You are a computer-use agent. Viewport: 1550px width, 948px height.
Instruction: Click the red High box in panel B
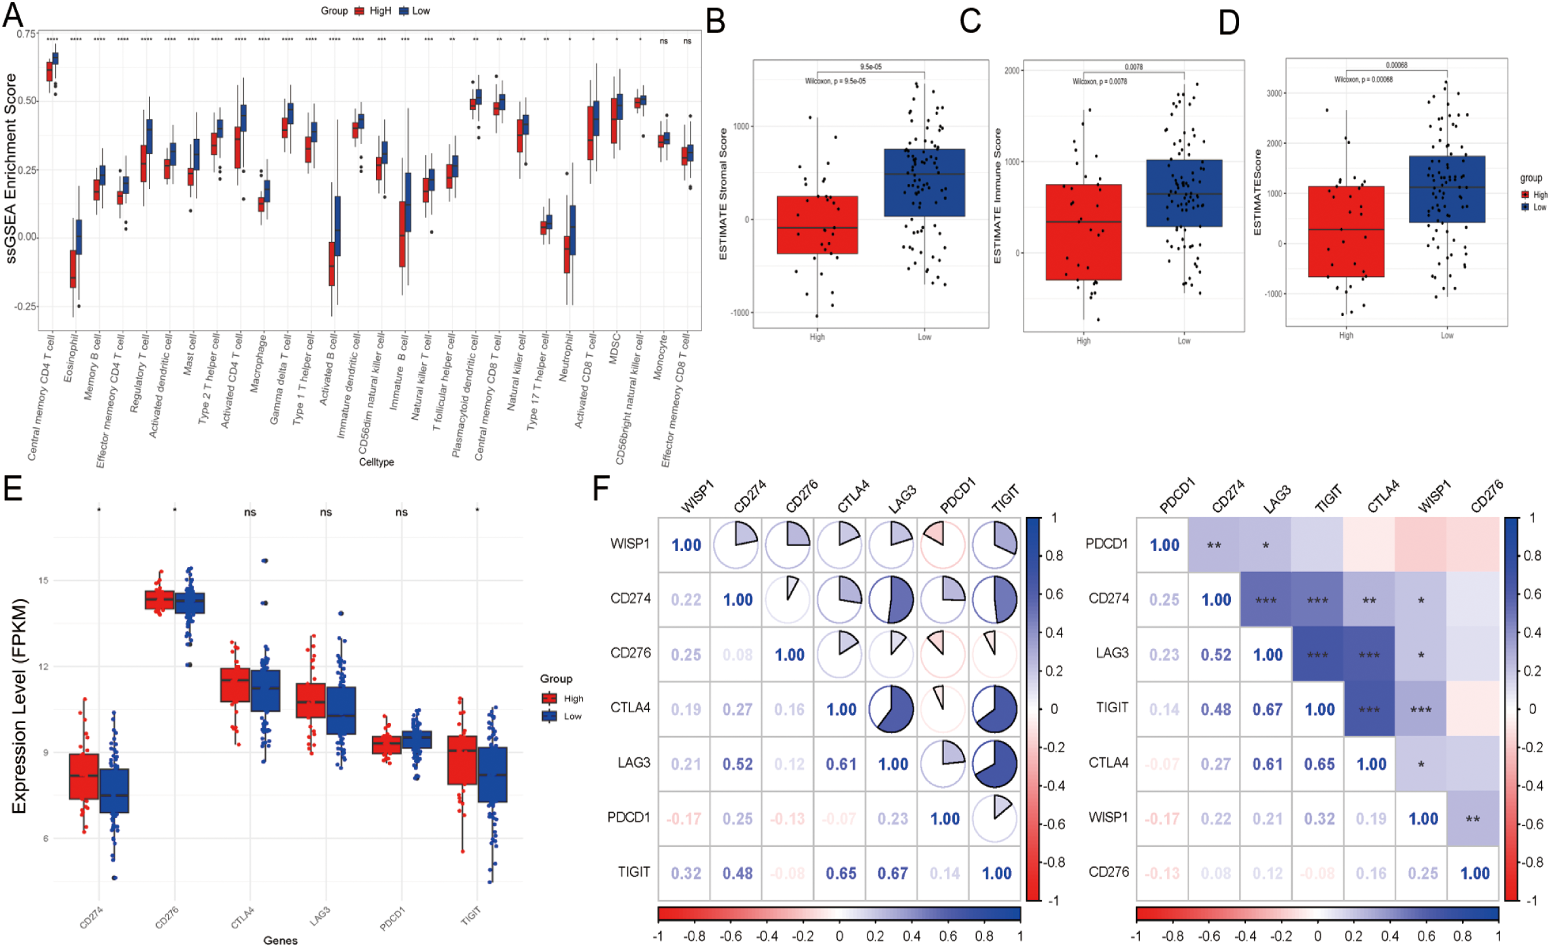coord(816,225)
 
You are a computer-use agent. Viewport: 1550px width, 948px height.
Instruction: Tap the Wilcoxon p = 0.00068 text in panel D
coord(1362,80)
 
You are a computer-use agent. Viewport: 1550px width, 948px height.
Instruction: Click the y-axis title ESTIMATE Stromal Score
coord(723,194)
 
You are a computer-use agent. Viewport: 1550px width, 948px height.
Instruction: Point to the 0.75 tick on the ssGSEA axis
coord(27,34)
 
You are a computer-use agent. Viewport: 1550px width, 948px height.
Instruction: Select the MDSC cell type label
coord(614,348)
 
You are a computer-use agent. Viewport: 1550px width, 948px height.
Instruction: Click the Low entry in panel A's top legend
coord(420,11)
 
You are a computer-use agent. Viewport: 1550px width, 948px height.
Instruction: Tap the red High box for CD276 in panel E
coord(159,599)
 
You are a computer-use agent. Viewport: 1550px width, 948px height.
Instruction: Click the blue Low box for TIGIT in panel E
coord(492,774)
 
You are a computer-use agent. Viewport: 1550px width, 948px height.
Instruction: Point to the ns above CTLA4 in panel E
coord(250,512)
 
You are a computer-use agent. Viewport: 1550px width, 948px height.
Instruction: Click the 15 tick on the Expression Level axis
coord(43,580)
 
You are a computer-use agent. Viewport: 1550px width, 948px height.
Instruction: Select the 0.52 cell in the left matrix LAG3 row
coord(737,763)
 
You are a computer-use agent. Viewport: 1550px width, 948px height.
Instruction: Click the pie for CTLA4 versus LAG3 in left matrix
coord(891,709)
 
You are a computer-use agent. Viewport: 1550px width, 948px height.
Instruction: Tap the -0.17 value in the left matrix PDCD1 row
coord(684,818)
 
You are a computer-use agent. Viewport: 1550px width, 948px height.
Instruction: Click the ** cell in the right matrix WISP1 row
coord(1472,818)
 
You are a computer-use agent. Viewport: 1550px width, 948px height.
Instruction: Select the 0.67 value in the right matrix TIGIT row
coord(1267,709)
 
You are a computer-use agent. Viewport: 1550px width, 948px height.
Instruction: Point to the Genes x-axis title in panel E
coord(280,940)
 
